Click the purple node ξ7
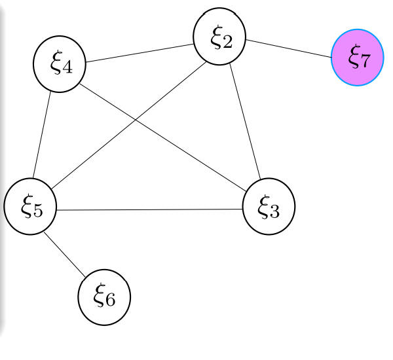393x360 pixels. (357, 57)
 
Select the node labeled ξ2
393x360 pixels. (220, 37)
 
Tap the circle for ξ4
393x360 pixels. (60, 63)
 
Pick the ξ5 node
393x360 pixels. (30, 207)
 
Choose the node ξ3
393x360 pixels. (269, 207)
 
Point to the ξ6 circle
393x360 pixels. (104, 297)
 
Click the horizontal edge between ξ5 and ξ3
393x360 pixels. (149, 209)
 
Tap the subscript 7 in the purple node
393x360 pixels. (364, 61)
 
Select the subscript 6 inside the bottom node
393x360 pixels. (111, 300)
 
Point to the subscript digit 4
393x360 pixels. (67, 68)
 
